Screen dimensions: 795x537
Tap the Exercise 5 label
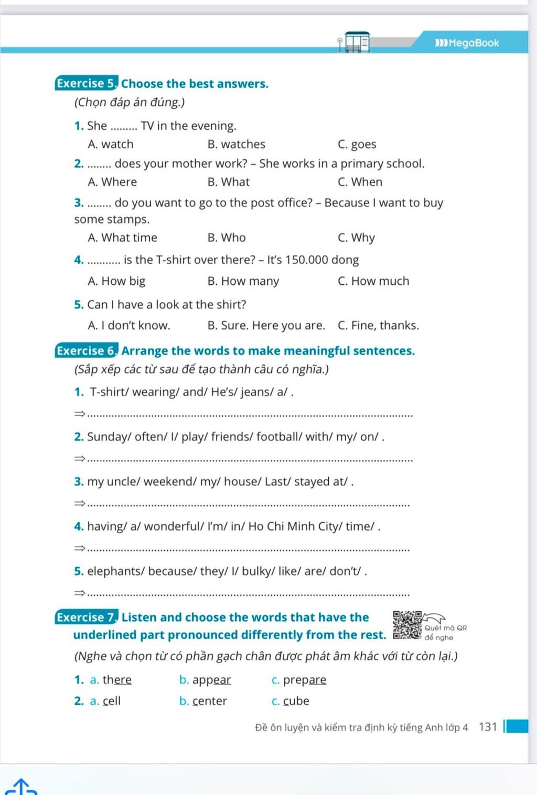(87, 84)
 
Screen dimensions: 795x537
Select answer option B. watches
(236, 144)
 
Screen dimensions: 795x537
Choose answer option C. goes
(357, 145)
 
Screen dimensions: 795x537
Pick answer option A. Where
(112, 182)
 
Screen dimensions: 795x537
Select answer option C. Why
(357, 238)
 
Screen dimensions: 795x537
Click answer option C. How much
(373, 281)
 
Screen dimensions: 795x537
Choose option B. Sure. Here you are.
(266, 326)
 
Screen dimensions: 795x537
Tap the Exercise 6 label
(87, 351)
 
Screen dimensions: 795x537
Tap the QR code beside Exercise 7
(407, 625)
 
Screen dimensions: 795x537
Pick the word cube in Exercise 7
(296, 701)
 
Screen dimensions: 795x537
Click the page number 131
(488, 727)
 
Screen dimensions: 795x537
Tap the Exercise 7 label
(87, 617)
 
